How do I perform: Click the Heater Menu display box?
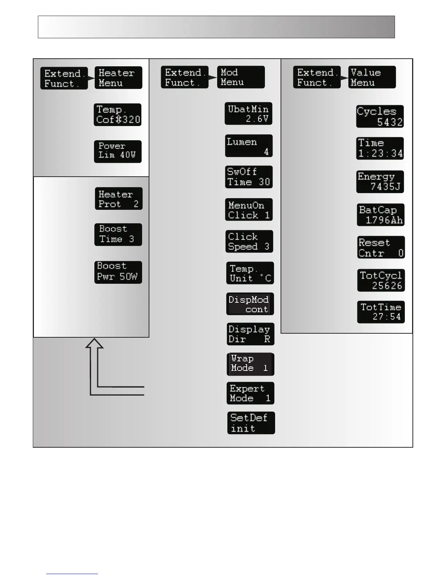click(x=118, y=78)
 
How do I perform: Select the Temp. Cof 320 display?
click(x=118, y=115)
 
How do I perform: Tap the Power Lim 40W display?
click(x=118, y=151)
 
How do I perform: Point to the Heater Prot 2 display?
click(x=118, y=199)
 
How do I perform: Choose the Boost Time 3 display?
click(x=118, y=235)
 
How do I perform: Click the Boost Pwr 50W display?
click(x=118, y=272)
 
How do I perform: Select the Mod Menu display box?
click(x=241, y=77)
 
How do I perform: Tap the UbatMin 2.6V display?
click(x=249, y=114)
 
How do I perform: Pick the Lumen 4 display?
click(x=249, y=146)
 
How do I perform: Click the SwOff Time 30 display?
click(x=249, y=177)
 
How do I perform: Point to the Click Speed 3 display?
click(x=249, y=242)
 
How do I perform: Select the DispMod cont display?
click(x=250, y=304)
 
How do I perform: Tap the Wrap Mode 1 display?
click(x=250, y=364)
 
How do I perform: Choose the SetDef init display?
click(x=251, y=423)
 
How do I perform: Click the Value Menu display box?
click(x=372, y=77)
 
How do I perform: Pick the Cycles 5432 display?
click(x=380, y=117)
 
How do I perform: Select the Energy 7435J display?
click(x=380, y=182)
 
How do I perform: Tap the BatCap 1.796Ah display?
click(x=381, y=215)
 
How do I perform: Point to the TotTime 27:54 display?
click(x=381, y=312)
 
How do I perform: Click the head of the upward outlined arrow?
click(x=94, y=344)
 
